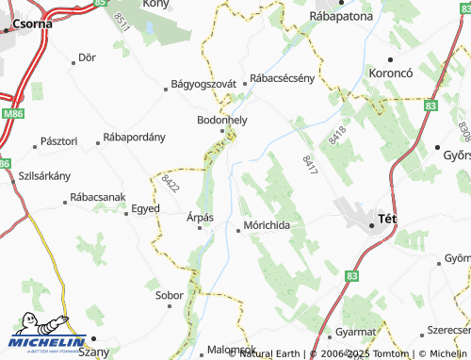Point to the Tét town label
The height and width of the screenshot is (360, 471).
[386, 219]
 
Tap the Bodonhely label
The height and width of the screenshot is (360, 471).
[221, 121]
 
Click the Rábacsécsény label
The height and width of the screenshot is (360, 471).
[281, 79]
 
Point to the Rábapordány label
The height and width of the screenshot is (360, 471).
[134, 137]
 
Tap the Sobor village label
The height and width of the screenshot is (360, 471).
[170, 295]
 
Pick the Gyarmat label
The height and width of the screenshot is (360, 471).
[356, 333]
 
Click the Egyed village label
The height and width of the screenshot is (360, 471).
[145, 207]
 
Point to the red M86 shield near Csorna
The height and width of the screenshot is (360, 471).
[13, 113]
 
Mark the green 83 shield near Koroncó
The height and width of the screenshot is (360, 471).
[430, 106]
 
